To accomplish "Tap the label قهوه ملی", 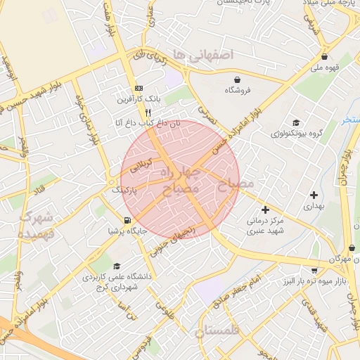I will coord(326,68).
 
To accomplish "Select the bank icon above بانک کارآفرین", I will coord(139,88).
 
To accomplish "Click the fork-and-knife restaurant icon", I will coord(148,112).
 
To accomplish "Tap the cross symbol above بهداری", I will coord(314,194).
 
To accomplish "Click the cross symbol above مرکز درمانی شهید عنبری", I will coord(265,209).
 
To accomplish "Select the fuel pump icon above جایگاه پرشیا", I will coord(127,220).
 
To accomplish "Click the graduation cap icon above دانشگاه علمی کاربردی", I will coord(116,266).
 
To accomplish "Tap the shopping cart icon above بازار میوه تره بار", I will coord(314,270).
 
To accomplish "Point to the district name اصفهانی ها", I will coord(207,54).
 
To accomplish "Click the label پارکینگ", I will coord(124,190).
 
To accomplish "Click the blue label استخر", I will coord(351,120).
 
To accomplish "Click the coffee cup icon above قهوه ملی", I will coord(324,57).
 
